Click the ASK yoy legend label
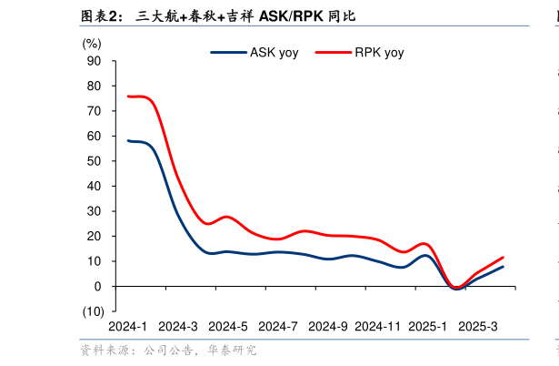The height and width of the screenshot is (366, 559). [x=274, y=53]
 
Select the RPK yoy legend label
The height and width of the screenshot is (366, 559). [x=379, y=53]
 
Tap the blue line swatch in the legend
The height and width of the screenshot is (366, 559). [x=228, y=53]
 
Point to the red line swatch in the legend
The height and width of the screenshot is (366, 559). [x=334, y=53]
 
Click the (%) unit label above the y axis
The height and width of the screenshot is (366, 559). [x=92, y=43]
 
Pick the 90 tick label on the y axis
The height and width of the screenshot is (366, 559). [x=94, y=61]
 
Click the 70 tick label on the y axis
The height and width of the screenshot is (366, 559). [x=94, y=111]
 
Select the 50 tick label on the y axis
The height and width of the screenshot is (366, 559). [x=94, y=161]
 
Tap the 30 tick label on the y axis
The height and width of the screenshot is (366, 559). [x=94, y=211]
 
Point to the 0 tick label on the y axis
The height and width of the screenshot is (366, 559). [x=97, y=286]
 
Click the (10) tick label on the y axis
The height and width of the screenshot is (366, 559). [x=92, y=311]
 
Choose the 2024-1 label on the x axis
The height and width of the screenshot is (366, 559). [x=127, y=326]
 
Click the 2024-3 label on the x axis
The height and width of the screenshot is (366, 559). [x=177, y=326]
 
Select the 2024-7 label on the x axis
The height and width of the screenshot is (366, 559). [x=277, y=326]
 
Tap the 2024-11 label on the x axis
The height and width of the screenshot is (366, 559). [x=377, y=326]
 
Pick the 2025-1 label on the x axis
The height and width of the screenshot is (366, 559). [x=427, y=326]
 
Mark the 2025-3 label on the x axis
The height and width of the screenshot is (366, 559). [x=477, y=326]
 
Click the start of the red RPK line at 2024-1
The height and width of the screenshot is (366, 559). [x=128, y=97]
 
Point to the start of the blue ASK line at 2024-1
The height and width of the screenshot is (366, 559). [x=128, y=140]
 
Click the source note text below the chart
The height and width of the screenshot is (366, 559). [x=168, y=350]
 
